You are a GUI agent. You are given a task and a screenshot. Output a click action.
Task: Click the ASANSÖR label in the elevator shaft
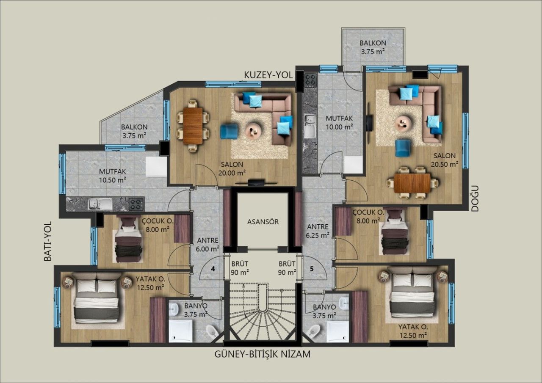click(263, 221)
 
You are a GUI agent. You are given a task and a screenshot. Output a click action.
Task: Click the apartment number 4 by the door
click(213, 268)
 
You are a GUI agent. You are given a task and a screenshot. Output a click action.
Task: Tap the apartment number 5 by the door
click(312, 268)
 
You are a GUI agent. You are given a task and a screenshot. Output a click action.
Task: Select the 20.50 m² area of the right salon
click(445, 164)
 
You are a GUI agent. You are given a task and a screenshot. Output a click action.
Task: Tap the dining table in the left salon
click(193, 125)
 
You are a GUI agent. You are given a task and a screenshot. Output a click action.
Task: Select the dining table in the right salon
click(412, 183)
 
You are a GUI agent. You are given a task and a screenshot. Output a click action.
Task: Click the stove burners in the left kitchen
click(136, 204)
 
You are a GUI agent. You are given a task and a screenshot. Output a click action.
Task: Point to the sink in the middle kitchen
click(310, 126)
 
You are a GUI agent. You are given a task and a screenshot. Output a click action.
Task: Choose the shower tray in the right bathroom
click(337, 331)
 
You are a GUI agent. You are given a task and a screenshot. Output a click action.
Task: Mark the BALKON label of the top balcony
click(373, 43)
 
